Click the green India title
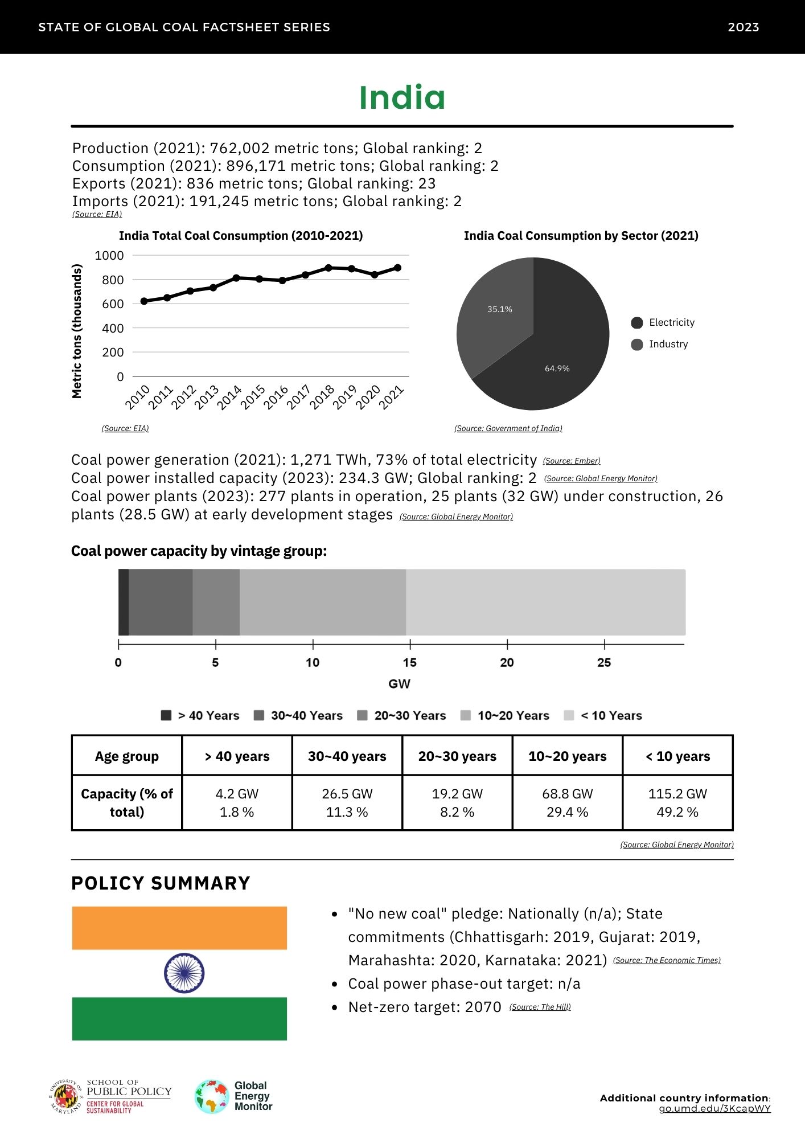coord(402,97)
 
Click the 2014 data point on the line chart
coord(236,278)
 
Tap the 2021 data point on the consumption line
coord(397,268)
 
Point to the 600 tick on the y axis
coord(113,304)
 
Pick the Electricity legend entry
coord(663,323)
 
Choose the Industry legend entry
coord(660,345)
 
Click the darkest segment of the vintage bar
coord(124,602)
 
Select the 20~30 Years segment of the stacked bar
coord(216,602)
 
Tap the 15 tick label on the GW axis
coord(409,662)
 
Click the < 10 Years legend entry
coord(603,716)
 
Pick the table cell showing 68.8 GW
coord(567,794)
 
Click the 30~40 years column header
coord(347,756)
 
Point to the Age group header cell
coord(126,756)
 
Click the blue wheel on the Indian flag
coord(184,973)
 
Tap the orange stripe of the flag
coord(179,928)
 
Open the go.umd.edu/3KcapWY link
coord(714,1109)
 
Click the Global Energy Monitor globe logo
coord(212,1096)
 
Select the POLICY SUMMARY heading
coord(161,883)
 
